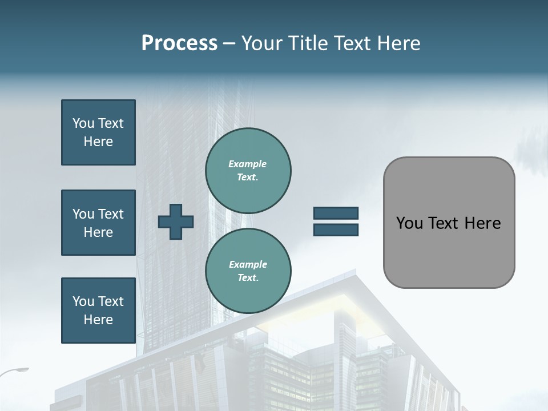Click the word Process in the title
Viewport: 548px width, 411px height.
179,43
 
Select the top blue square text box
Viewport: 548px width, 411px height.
98,132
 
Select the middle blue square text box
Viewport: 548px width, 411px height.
98,223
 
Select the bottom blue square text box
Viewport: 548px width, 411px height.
98,310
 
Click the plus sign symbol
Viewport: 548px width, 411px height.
176,221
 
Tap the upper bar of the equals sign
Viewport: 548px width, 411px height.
336,213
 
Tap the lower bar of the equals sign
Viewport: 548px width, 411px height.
336,229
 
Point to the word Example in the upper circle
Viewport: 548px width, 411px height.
247,164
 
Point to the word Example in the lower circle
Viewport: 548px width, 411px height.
247,264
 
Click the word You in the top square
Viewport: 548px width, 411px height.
83,123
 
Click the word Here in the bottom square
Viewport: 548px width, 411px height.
98,320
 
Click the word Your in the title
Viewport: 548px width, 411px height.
260,43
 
